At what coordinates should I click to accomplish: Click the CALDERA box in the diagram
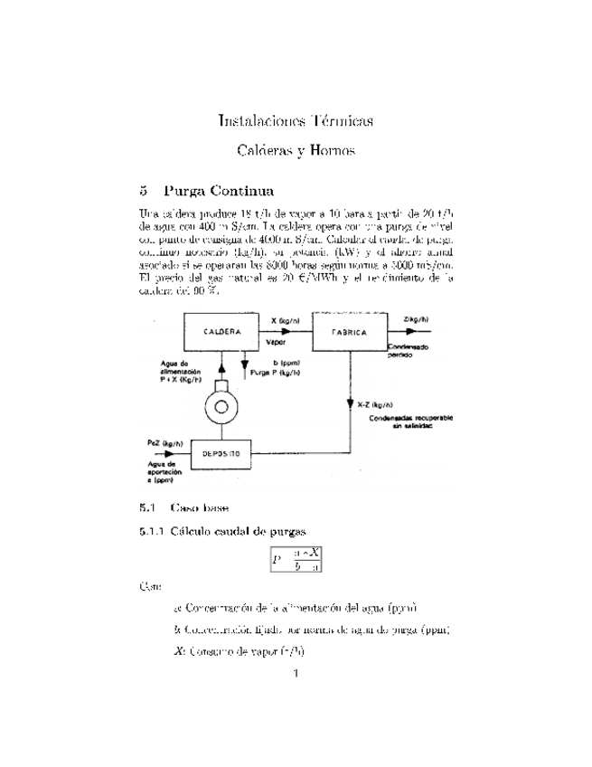221,332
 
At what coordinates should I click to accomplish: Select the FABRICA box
350,333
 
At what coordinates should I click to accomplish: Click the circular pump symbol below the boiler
221,408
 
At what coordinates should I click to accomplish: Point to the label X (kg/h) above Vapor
286,320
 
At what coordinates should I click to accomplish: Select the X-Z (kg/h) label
373,404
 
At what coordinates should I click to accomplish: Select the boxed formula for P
296,560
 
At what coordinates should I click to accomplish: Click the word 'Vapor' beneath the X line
275,343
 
